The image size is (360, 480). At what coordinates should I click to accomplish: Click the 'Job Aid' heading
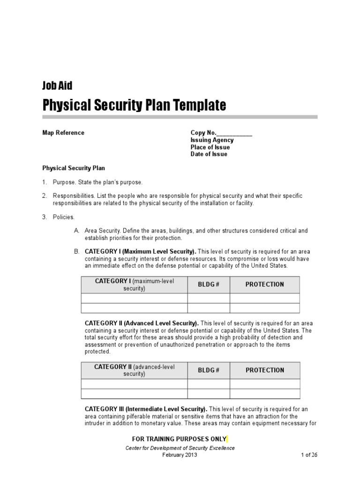click(x=57, y=85)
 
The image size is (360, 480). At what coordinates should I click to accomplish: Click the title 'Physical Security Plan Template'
click(x=134, y=105)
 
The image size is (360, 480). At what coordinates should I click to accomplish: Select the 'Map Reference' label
click(x=63, y=133)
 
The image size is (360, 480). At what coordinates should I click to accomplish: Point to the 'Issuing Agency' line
click(x=212, y=140)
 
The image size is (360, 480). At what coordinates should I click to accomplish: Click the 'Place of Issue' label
click(x=210, y=147)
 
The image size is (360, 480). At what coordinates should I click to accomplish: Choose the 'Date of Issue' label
click(x=209, y=154)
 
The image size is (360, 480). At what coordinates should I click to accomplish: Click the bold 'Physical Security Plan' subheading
click(x=74, y=167)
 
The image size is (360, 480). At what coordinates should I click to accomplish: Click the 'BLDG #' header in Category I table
click(x=209, y=285)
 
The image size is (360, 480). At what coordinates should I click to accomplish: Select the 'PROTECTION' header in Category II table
click(x=265, y=370)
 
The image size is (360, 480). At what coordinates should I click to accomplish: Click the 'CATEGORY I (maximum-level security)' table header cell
click(x=135, y=285)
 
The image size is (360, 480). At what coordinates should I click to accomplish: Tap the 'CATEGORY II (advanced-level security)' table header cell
click(x=135, y=370)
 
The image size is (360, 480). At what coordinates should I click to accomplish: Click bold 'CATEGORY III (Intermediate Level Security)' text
click(x=146, y=409)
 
